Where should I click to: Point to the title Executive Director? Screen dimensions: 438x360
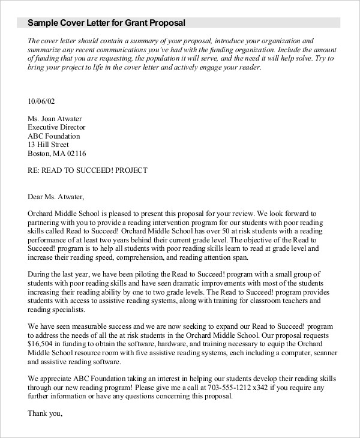(57, 127)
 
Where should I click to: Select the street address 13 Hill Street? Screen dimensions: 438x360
(49, 144)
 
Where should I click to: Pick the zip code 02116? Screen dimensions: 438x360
(76, 153)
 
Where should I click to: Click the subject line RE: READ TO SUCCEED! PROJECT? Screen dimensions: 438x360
(88, 170)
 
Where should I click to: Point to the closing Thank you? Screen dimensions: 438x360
(45, 413)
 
